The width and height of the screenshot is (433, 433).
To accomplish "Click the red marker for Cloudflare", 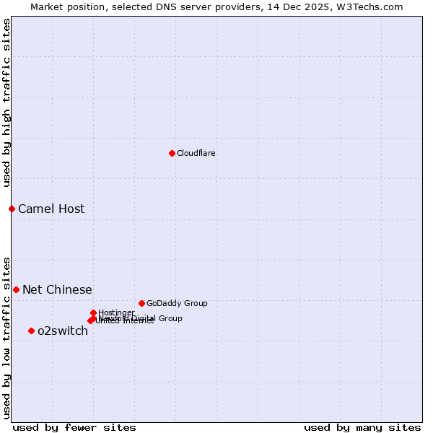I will click(172, 153).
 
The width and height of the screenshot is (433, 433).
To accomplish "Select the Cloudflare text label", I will click(196, 153).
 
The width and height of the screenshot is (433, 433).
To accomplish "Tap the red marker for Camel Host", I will click(12, 209).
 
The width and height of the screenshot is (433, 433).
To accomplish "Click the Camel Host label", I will click(51, 209).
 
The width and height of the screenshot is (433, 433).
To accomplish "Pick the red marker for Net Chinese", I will click(16, 289).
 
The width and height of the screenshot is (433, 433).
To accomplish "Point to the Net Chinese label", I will click(57, 290).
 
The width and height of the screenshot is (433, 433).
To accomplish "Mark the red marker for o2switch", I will click(31, 331).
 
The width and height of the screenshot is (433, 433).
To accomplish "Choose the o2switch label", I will click(63, 331).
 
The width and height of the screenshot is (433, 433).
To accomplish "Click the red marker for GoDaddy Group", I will click(141, 303).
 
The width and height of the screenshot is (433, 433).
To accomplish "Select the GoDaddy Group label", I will click(177, 303).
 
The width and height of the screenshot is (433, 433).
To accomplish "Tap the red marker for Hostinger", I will click(93, 312).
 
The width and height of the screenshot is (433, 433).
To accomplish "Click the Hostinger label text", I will click(116, 312).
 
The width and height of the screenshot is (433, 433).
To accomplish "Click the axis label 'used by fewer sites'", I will click(74, 427).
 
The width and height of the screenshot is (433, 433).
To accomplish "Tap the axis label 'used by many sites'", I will click(362, 427).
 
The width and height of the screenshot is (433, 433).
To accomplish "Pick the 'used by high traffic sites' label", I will click(6, 102).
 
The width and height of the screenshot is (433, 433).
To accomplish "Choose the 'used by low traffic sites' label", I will click(6, 337).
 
